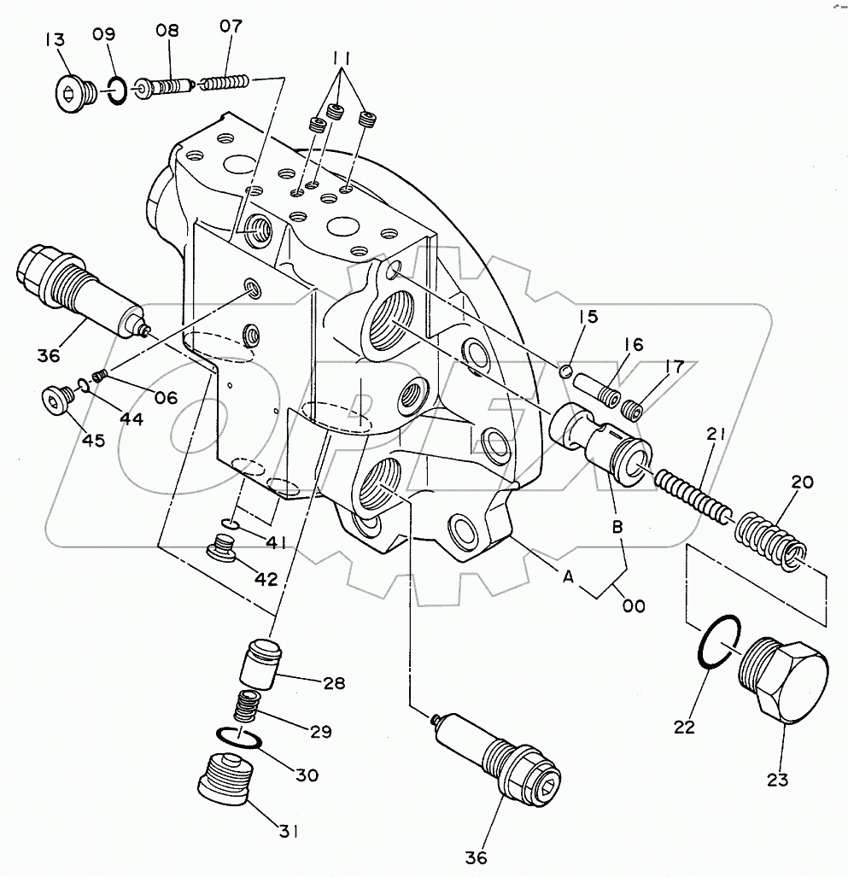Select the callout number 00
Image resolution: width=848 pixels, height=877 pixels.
pos(633,605)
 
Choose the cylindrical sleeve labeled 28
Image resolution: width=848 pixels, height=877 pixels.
pos(258,664)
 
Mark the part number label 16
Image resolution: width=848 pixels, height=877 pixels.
pos(633,346)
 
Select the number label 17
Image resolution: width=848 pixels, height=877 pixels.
pos(675,368)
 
